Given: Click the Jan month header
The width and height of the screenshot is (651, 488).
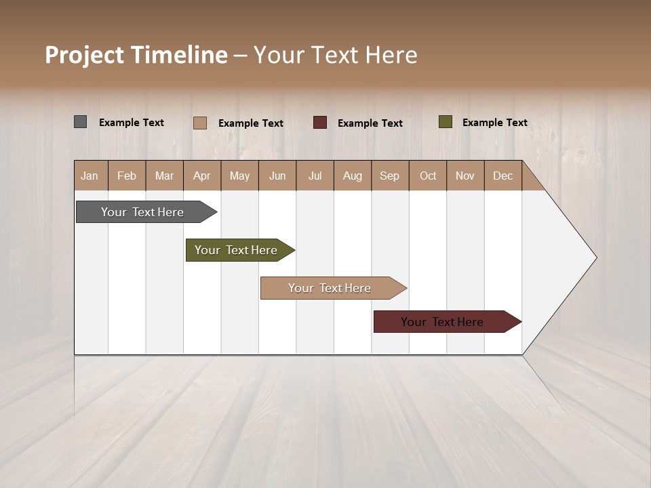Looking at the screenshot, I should (x=90, y=176).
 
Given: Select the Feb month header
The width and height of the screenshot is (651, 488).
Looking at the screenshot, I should (x=127, y=176).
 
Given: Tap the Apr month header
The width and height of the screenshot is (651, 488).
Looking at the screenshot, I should (x=202, y=176).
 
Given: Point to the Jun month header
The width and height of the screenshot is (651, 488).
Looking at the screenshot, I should (x=277, y=176).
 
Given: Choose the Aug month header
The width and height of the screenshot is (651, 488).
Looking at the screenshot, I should (x=353, y=176).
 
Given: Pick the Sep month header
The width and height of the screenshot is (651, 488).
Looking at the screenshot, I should (x=390, y=176).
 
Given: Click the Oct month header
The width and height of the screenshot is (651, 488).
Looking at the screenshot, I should (x=428, y=176).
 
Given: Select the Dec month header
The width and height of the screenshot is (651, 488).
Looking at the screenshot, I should (x=503, y=176).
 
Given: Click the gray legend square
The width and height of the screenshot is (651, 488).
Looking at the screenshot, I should (x=81, y=122).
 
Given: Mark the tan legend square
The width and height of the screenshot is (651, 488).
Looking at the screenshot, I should (x=200, y=123).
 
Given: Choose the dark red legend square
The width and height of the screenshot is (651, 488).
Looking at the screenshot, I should (x=320, y=123).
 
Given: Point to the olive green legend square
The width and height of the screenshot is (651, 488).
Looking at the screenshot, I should (x=446, y=122).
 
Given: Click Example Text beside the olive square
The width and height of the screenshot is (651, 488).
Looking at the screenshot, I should (x=494, y=123).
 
